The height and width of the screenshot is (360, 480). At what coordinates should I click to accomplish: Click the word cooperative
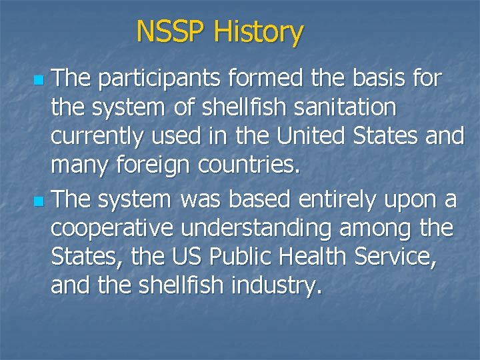(x=110, y=229)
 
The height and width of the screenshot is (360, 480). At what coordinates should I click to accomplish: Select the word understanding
(x=256, y=229)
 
